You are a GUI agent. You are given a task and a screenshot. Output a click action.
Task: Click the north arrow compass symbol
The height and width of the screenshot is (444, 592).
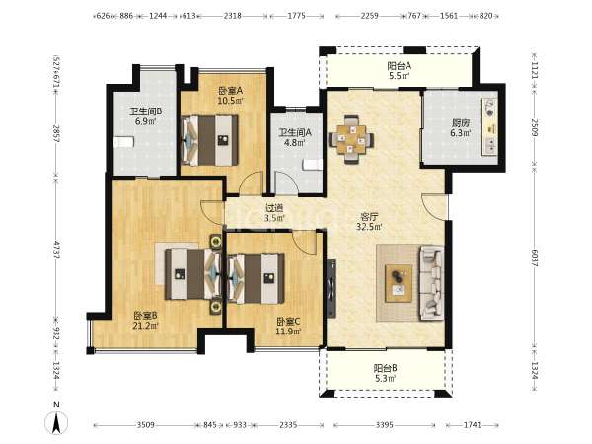56,422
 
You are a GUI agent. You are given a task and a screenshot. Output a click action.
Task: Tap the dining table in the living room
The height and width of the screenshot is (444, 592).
351,139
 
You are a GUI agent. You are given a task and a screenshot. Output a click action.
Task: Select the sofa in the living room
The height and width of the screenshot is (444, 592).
431,283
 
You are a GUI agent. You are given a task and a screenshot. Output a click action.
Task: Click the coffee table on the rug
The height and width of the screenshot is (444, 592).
399,283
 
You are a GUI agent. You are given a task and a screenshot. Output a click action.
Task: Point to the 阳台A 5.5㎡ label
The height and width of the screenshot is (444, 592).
400,71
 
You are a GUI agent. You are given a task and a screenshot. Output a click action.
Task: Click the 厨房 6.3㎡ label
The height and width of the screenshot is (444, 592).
461,128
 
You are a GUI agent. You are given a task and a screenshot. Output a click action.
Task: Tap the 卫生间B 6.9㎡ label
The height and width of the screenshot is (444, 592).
146,116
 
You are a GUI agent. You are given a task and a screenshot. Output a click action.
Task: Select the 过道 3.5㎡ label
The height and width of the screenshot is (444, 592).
274,212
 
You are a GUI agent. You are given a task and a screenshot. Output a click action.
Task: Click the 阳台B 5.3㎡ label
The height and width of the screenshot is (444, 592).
385,373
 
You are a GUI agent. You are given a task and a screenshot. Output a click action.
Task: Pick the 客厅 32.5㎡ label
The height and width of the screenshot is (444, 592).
369,222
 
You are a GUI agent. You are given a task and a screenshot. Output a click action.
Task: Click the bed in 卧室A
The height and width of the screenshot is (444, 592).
209,140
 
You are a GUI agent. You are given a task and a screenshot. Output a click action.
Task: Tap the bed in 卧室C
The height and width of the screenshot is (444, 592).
256,278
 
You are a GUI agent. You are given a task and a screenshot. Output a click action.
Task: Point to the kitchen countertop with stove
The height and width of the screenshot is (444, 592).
489,126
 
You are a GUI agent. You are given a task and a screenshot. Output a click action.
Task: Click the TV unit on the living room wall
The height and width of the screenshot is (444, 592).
332,288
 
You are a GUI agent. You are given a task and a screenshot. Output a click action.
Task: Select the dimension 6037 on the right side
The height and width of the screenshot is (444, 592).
535,258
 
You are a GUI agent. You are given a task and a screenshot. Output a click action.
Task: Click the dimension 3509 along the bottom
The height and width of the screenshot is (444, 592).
146,425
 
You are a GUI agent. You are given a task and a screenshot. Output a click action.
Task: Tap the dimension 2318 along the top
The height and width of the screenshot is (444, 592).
233,16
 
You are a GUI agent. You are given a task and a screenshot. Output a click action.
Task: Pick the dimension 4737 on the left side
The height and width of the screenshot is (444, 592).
56,250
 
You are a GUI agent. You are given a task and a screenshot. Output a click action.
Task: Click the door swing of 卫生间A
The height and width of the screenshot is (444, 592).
286,183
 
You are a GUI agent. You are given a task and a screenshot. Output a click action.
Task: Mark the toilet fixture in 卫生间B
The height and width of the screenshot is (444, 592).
124,142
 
